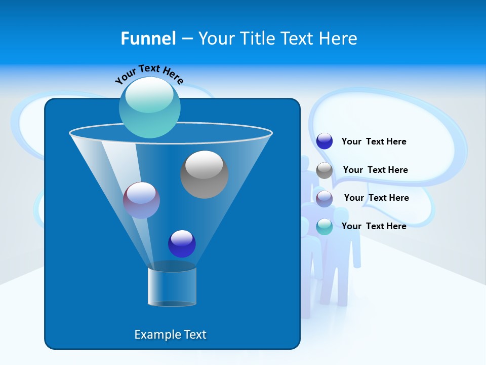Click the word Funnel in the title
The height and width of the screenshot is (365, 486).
pos(148,39)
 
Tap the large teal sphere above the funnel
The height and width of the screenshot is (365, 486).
pos(149,107)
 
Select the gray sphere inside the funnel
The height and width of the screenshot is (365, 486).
pos(204,174)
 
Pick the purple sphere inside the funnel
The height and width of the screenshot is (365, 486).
pos(141,200)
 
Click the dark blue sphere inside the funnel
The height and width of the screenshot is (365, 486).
pos(182,243)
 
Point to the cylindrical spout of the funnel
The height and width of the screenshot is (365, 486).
pos(172,286)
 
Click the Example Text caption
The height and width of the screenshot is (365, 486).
pos(171,335)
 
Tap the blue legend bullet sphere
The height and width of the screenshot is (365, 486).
pos(325,141)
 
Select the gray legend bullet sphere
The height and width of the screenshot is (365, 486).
pos(325,171)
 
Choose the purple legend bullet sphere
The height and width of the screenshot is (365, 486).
pos(325,199)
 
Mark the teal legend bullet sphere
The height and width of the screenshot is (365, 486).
pos(325,227)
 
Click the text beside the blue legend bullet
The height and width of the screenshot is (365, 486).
pos(374,141)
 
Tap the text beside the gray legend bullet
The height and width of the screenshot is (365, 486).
pos(375,170)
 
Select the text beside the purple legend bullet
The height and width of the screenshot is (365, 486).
pos(376,198)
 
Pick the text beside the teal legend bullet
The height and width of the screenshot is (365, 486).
pos(374,226)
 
